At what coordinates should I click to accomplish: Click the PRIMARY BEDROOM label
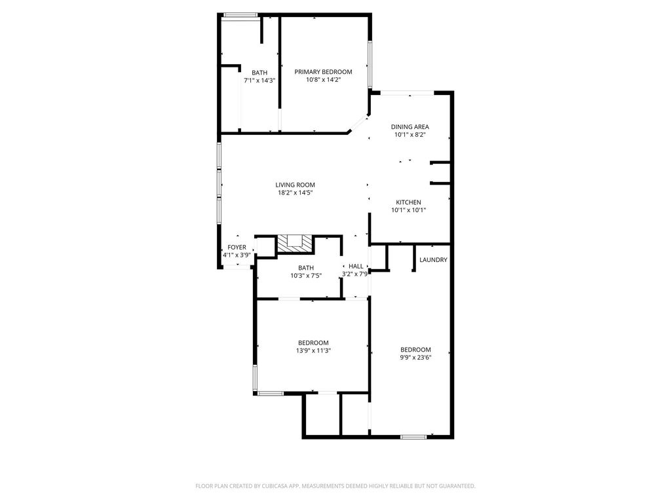pyautogui.click(x=323, y=72)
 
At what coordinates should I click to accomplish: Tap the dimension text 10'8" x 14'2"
pyautogui.click(x=323, y=80)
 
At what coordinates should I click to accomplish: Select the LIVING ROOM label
pyautogui.click(x=295, y=185)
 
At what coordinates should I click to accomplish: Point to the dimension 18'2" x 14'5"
pyautogui.click(x=295, y=193)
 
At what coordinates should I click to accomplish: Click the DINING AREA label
pyautogui.click(x=410, y=127)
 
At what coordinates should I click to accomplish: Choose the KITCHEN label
pyautogui.click(x=408, y=202)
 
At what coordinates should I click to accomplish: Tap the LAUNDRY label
pyautogui.click(x=433, y=260)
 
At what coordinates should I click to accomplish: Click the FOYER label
pyautogui.click(x=237, y=247)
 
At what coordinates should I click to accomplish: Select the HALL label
pyautogui.click(x=356, y=266)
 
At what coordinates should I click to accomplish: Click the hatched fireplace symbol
pyautogui.click(x=293, y=243)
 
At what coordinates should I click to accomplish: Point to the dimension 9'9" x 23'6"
pyautogui.click(x=415, y=357)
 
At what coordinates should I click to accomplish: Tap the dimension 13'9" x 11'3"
pyautogui.click(x=313, y=350)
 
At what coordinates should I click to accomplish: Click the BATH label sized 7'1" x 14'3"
pyautogui.click(x=259, y=73)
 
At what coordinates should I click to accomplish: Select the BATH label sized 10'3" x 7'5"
pyautogui.click(x=306, y=268)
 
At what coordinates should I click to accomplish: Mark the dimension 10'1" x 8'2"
pyautogui.click(x=410, y=135)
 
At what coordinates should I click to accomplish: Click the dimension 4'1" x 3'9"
pyautogui.click(x=237, y=255)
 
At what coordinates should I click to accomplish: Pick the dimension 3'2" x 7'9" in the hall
pyautogui.click(x=355, y=274)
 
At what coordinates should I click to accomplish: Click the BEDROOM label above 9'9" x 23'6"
pyautogui.click(x=415, y=349)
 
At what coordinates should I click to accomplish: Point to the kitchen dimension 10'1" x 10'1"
pyautogui.click(x=408, y=210)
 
